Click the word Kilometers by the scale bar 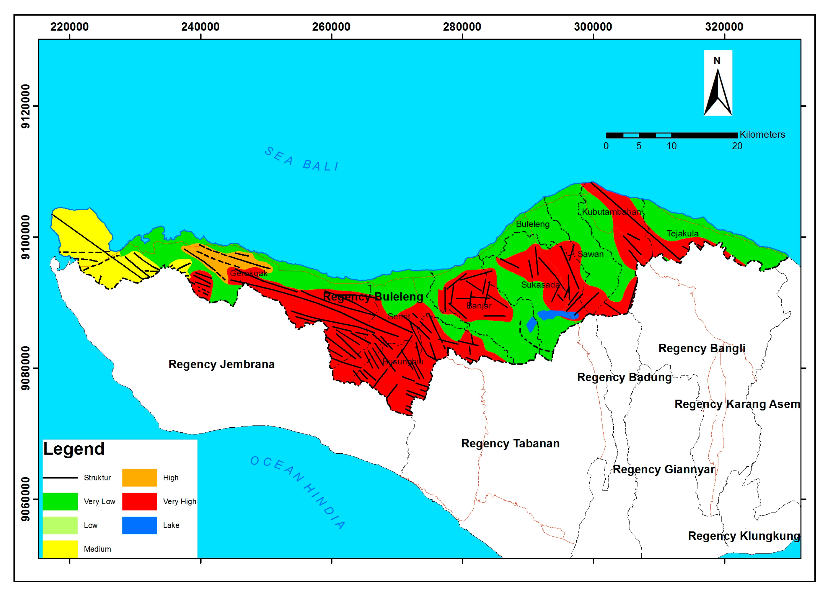762,135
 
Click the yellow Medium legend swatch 60,548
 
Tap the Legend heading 74,449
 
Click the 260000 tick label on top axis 331,27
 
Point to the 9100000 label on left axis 26,237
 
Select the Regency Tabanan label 510,443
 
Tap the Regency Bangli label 701,348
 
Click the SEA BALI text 302,160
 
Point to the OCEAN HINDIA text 298,492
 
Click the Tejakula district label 682,233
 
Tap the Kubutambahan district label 611,212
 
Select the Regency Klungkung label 743,536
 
